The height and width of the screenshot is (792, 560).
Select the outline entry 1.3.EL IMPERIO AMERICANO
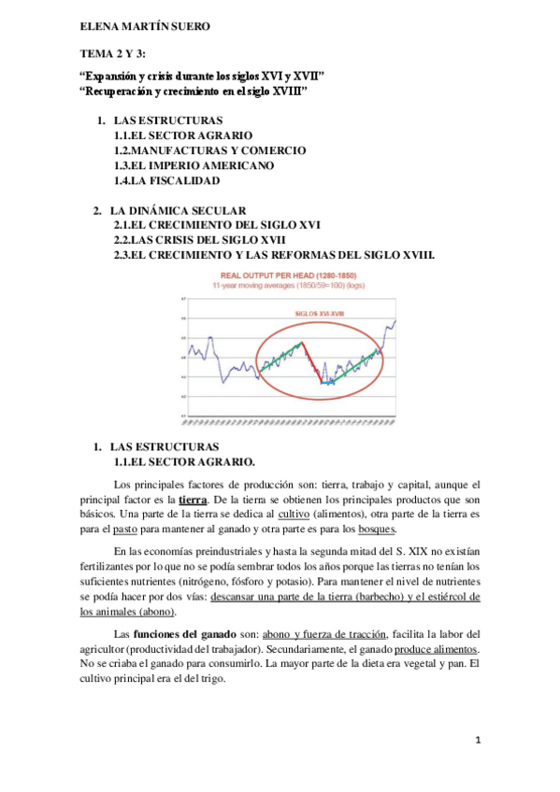tap(194, 164)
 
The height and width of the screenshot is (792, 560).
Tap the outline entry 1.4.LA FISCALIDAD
tap(166, 179)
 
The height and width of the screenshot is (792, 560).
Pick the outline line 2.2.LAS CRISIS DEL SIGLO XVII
tap(199, 240)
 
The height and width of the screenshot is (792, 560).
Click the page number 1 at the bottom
tap(478, 741)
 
